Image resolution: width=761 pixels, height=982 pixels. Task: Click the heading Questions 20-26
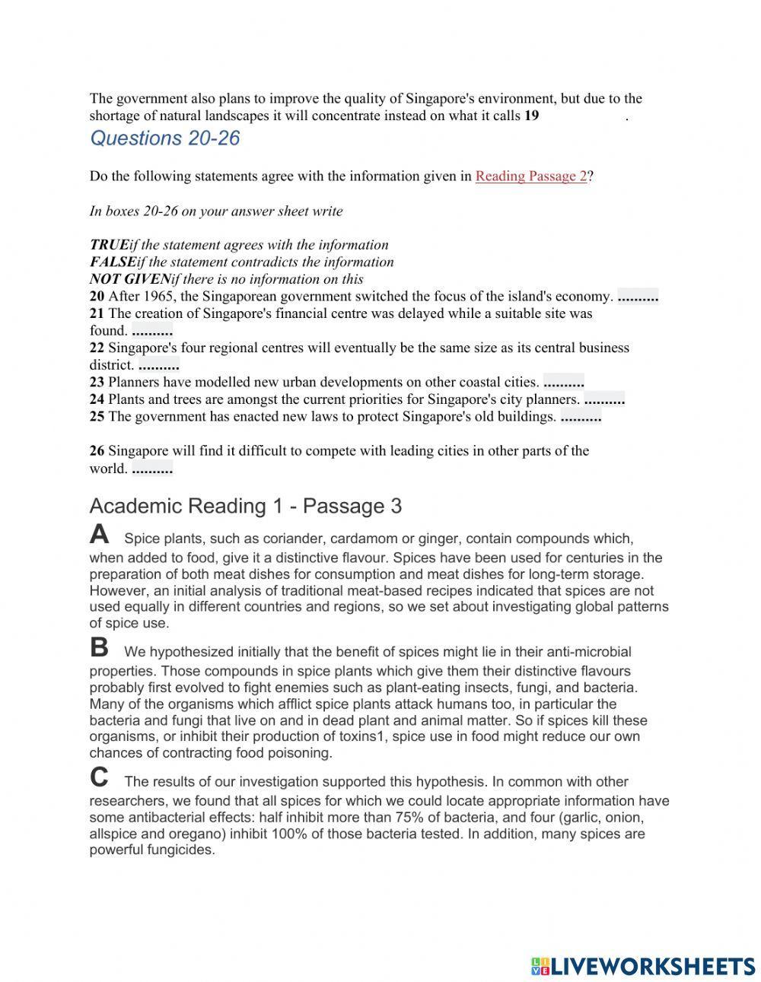tap(164, 138)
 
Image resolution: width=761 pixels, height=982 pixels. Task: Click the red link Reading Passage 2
tap(531, 176)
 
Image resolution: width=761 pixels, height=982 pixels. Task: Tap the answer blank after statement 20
tap(638, 297)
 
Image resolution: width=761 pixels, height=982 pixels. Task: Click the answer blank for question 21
tap(152, 331)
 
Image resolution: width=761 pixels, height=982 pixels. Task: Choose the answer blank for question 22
tap(158, 365)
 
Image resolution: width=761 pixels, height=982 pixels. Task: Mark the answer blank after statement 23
tap(564, 383)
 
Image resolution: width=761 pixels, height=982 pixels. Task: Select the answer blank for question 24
tap(604, 399)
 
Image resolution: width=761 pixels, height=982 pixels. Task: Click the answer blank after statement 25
tap(581, 417)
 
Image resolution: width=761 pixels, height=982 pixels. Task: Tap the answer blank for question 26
tap(152, 469)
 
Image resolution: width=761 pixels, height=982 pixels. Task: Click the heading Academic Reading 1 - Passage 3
tap(245, 506)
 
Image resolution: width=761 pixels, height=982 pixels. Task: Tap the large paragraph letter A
tap(99, 535)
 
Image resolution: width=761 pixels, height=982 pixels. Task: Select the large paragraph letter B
tap(99, 647)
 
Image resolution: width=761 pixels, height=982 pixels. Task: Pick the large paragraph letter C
tap(99, 777)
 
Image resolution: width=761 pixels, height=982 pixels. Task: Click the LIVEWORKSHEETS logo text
tap(651, 966)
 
